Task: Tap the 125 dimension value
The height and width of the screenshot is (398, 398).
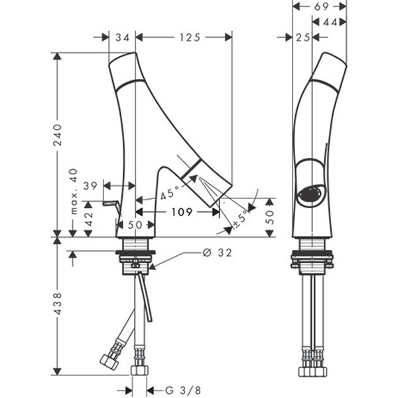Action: [189, 38]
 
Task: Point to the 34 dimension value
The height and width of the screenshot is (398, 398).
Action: [122, 38]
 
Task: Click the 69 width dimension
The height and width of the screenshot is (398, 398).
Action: [320, 6]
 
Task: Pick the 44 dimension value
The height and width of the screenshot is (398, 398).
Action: [330, 23]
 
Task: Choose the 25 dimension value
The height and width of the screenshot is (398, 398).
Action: [303, 38]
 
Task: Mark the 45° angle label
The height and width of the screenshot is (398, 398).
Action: [170, 195]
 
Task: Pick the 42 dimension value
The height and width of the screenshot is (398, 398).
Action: [88, 218]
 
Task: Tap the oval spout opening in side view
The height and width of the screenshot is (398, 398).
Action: [309, 195]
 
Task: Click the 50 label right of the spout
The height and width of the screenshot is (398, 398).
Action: [270, 218]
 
